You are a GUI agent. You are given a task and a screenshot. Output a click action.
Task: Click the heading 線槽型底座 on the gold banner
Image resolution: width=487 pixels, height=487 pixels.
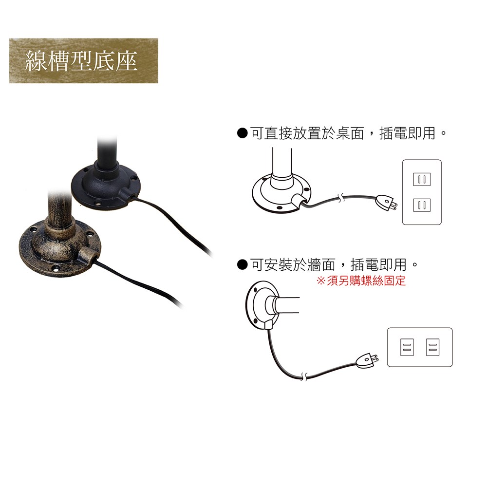tap(81, 61)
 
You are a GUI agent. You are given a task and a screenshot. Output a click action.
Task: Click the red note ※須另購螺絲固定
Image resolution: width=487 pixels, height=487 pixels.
tap(361, 281)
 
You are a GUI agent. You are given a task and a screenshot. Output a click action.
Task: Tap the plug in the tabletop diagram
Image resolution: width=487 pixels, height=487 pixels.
tap(386, 203)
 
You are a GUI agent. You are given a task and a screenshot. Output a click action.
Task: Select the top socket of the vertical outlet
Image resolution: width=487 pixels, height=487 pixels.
tap(422, 179)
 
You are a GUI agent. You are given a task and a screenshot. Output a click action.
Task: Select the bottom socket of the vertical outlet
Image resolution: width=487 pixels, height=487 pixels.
tap(422, 205)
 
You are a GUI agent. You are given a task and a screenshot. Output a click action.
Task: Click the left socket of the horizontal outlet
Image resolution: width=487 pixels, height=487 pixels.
tap(407, 347)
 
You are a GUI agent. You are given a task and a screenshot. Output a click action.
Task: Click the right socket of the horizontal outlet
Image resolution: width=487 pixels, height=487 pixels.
tap(432, 347)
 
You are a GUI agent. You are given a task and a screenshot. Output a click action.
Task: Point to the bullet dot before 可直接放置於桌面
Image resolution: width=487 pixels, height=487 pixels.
tap(242, 133)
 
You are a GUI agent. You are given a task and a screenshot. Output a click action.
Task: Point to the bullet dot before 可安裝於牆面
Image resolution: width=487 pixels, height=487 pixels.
tap(242, 265)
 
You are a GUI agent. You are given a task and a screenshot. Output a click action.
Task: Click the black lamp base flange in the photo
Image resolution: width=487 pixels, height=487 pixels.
tap(106, 187)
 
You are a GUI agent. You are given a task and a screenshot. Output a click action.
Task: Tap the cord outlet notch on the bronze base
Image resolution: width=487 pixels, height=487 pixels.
tap(88, 255)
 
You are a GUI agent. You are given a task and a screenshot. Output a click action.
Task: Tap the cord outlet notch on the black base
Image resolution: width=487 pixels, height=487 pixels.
tap(127, 195)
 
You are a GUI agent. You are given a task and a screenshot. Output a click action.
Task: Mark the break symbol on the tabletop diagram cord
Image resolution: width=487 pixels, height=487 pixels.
tap(341, 198)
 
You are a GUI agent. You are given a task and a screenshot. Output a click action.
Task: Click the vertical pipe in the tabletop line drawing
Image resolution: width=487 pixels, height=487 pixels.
tap(282, 163)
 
